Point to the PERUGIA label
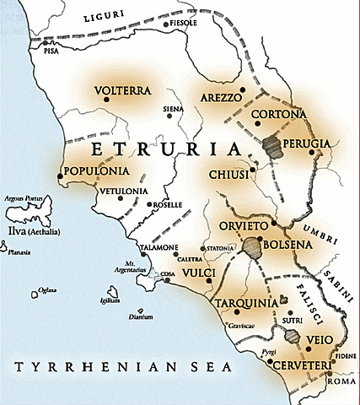click(x=306, y=143)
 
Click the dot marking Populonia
click(x=60, y=176)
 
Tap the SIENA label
click(x=173, y=109)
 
